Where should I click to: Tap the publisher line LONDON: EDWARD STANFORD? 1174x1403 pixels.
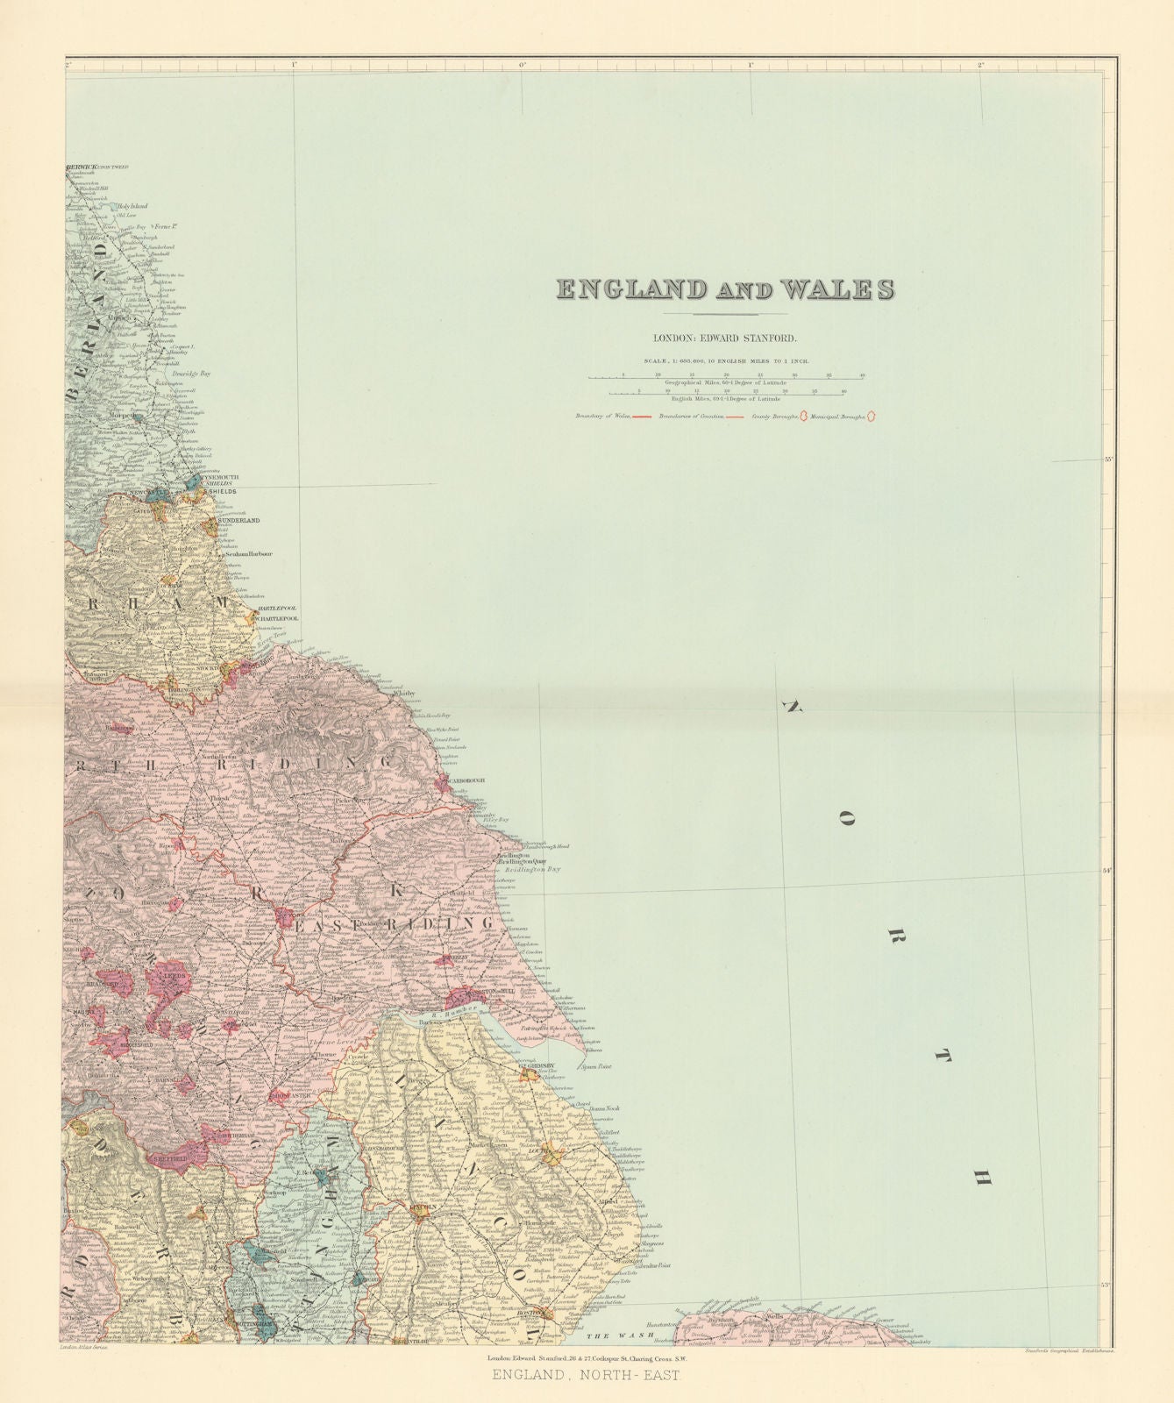coord(725,337)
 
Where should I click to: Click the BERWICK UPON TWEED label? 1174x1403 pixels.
coord(98,167)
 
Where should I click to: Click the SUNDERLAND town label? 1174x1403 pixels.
coord(238,521)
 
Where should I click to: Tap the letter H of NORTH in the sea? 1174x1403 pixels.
coord(983,1179)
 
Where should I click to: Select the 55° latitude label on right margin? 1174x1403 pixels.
coord(1107,459)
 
